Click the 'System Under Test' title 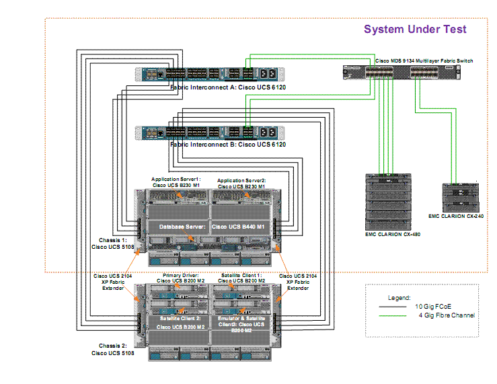[x=415, y=29]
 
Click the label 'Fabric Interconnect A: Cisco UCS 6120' [x=228, y=86]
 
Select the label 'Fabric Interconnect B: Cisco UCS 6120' [x=228, y=145]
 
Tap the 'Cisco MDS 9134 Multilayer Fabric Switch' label [x=424, y=61]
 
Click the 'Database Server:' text [x=182, y=227]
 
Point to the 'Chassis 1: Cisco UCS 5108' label [x=108, y=243]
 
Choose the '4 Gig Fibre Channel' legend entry [x=447, y=315]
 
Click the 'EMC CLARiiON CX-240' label [x=456, y=216]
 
